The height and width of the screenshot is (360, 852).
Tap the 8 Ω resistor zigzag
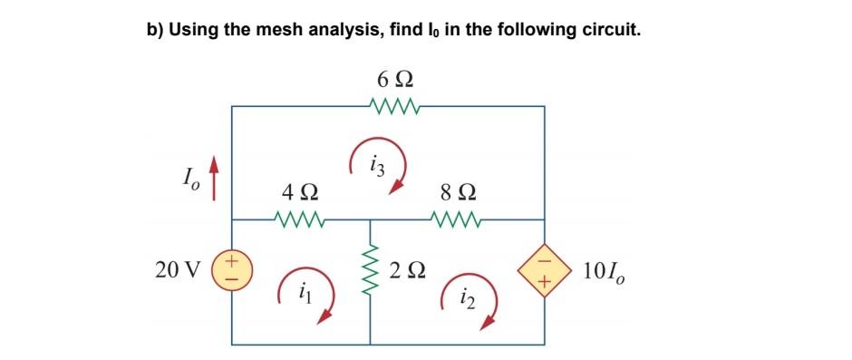click(458, 219)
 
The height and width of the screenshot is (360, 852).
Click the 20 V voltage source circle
click(232, 270)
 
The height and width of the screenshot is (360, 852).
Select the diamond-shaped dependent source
click(544, 270)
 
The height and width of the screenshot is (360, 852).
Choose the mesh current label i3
click(378, 164)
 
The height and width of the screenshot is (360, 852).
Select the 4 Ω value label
click(299, 193)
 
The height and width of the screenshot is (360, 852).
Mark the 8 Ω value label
click(458, 193)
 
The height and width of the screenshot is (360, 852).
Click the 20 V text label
click(179, 270)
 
